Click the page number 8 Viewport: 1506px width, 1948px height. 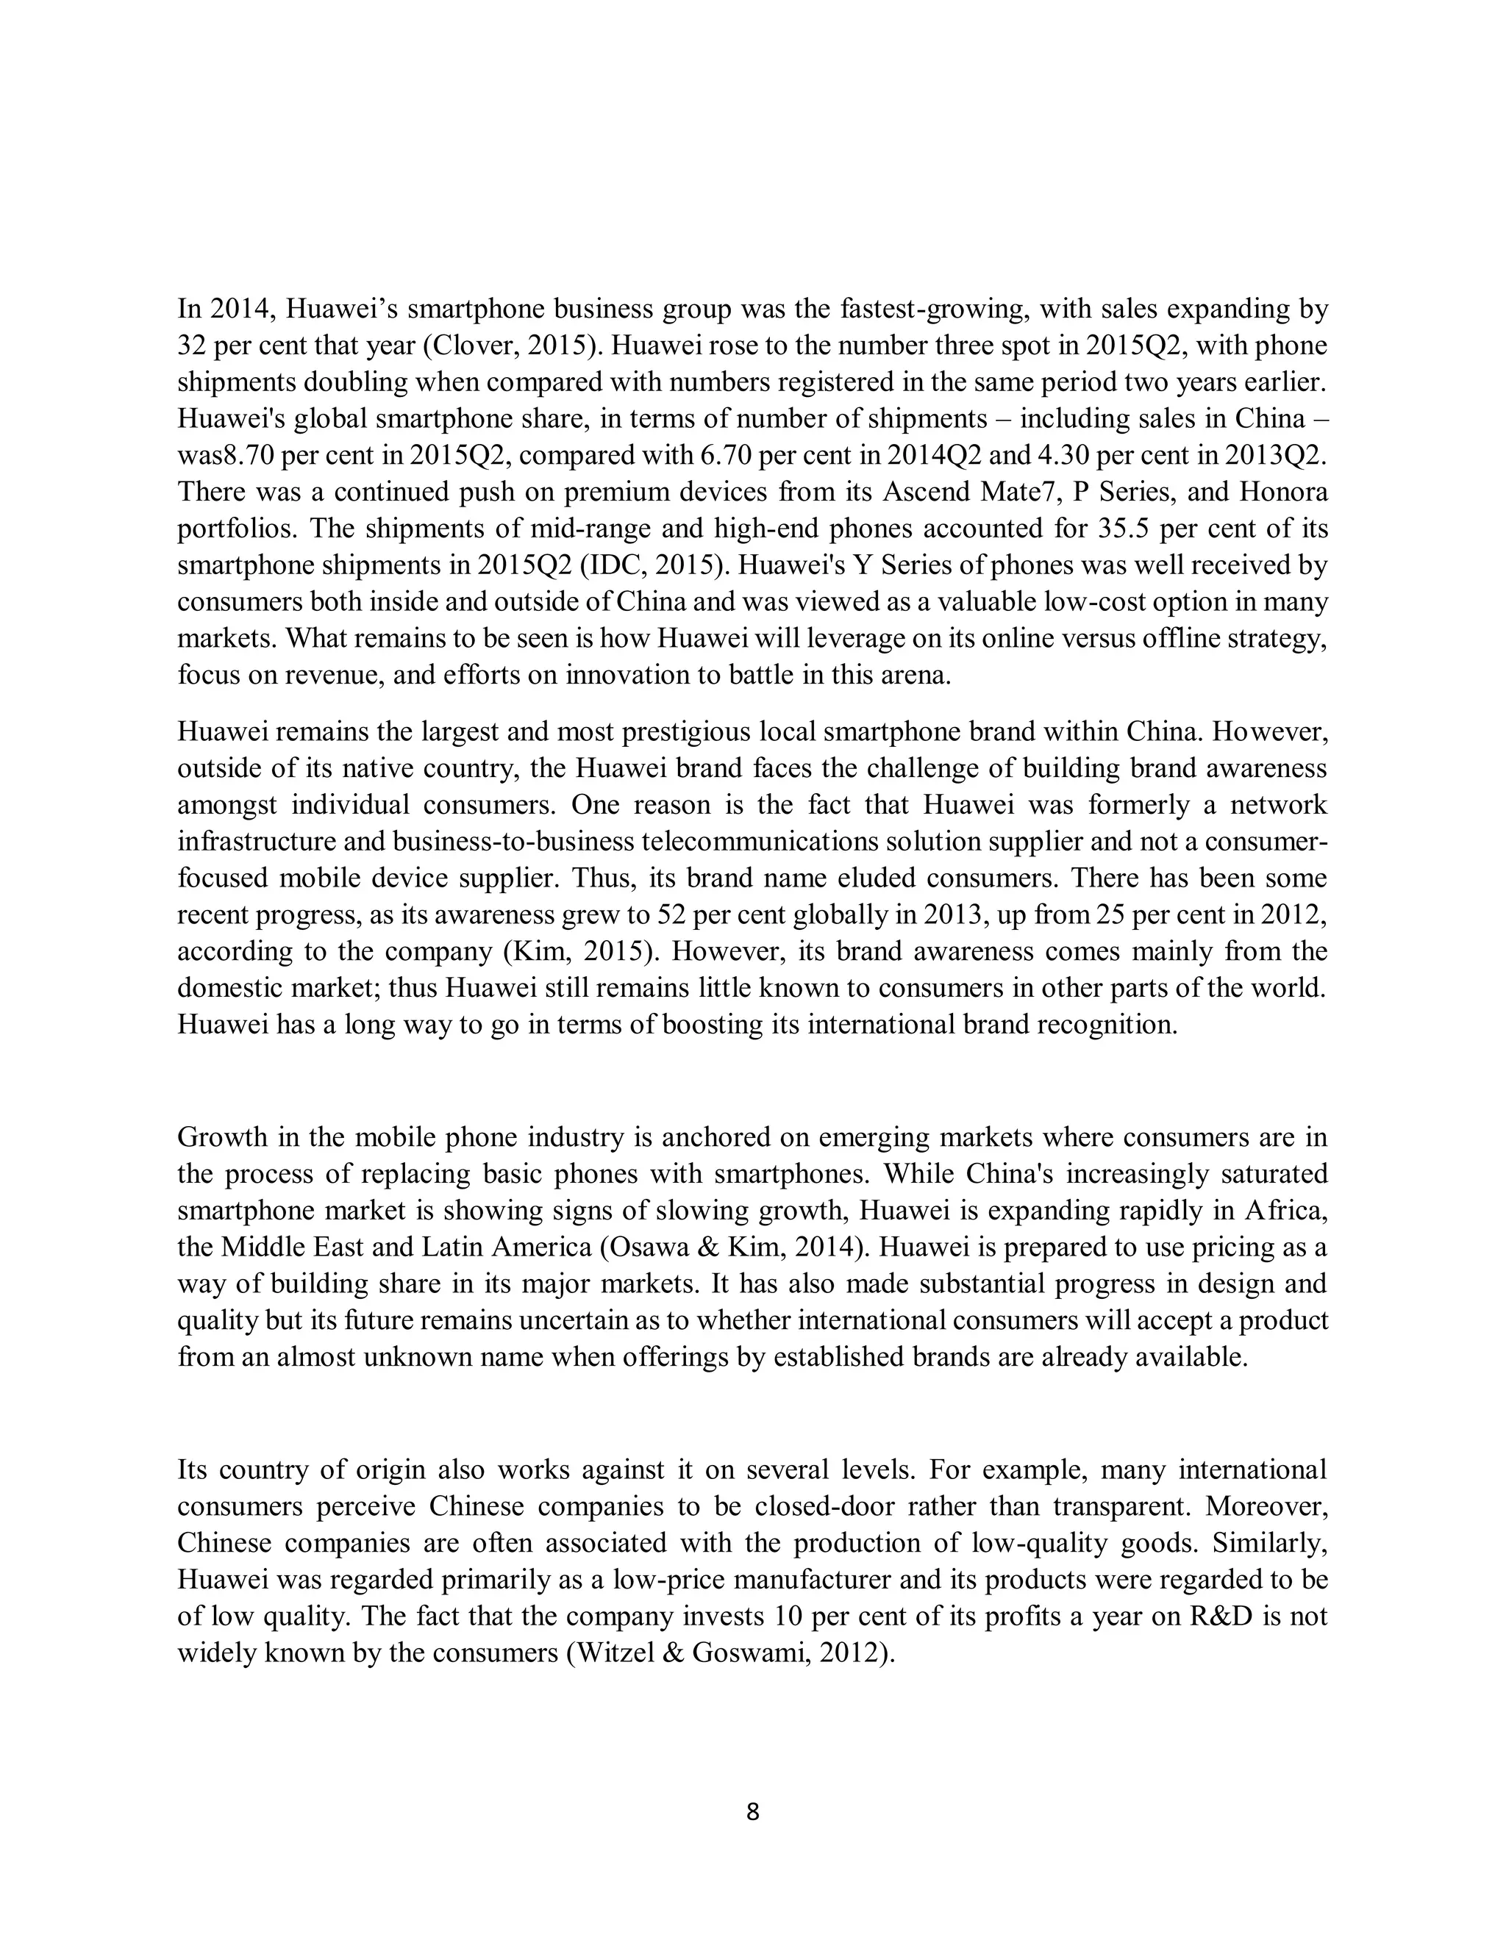[x=752, y=1811]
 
